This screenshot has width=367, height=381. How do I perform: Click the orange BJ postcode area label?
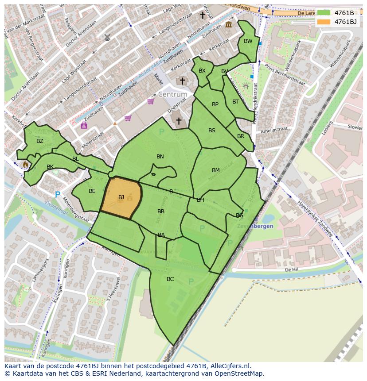click(121, 197)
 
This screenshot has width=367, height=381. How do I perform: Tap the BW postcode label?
click(248, 41)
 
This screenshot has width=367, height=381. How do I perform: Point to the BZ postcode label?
click(40, 141)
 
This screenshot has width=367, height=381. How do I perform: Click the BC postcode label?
click(170, 279)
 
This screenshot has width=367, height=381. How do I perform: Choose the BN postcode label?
click(160, 156)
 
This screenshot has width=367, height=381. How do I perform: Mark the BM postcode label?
click(216, 170)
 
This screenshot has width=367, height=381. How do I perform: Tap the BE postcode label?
click(92, 191)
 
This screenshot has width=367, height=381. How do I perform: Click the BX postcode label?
click(202, 71)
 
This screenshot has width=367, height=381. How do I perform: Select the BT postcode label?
click(235, 101)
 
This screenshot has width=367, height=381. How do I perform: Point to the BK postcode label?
click(50, 166)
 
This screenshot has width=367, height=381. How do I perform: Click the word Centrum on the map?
click(172, 95)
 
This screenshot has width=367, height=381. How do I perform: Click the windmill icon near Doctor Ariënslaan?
click(107, 38)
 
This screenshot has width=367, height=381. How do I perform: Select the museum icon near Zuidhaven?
click(228, 25)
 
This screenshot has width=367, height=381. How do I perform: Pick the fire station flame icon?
click(25, 164)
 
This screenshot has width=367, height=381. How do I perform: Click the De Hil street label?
click(291, 269)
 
